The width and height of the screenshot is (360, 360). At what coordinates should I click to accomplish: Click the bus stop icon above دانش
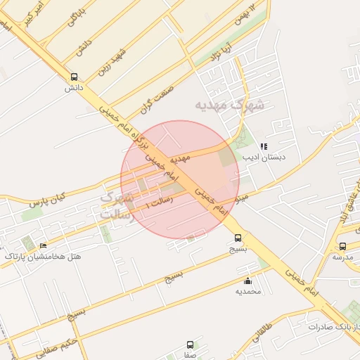[x=75, y=77]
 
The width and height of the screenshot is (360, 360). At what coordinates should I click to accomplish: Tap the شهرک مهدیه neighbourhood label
[x=230, y=105]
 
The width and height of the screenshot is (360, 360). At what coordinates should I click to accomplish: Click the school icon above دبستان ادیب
[x=264, y=146]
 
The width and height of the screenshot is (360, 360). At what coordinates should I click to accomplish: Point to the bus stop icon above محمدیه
[x=247, y=281]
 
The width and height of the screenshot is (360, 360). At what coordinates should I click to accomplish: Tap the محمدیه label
[x=247, y=291]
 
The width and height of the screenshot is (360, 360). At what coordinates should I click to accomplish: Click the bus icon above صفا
[x=191, y=345]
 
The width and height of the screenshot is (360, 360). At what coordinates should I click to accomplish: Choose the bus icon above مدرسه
[x=342, y=246]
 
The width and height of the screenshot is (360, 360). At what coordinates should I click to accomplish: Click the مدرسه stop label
[x=342, y=257]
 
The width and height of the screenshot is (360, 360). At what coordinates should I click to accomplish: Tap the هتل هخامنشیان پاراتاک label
[x=43, y=257]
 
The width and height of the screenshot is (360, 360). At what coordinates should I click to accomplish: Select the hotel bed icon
[x=43, y=245]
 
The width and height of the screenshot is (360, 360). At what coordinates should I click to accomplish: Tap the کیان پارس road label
[x=47, y=198]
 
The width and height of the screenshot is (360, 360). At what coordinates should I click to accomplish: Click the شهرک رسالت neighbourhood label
[x=116, y=206]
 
